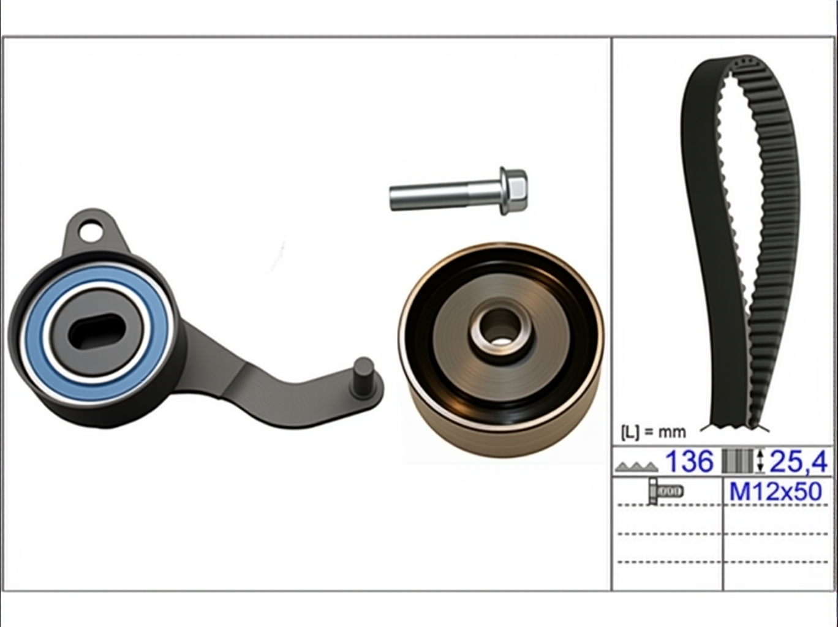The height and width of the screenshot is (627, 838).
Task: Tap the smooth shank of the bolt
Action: (x=444, y=197)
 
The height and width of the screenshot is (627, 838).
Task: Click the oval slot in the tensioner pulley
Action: (x=97, y=331)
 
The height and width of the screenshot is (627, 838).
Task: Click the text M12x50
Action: (x=776, y=492)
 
